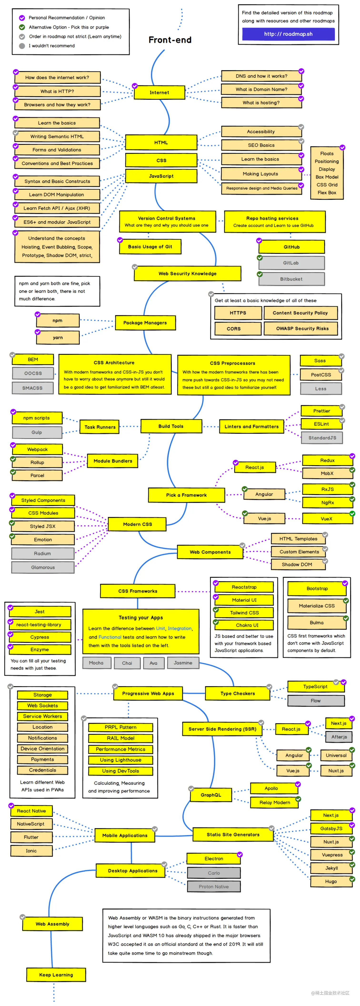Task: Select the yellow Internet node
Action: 159,93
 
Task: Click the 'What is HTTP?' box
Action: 57,91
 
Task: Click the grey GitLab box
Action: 291,263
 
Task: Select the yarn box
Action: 58,337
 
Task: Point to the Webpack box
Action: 37,449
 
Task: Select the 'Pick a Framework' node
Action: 186,495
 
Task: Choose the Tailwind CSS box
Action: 245,613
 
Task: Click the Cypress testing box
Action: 40,637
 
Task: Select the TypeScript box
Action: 315,687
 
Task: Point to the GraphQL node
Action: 211,795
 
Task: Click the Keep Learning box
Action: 56,975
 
